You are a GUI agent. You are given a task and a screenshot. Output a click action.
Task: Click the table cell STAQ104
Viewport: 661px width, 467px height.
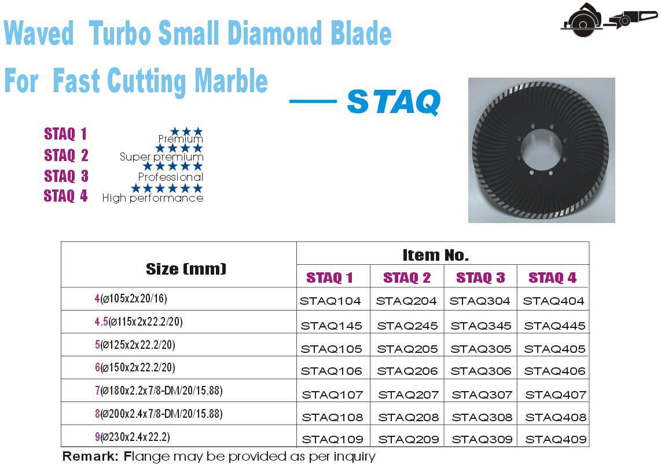point(330,301)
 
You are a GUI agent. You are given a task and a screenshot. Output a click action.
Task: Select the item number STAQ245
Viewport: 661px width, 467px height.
point(407,326)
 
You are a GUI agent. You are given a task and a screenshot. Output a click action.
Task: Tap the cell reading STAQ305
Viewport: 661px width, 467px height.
point(481,349)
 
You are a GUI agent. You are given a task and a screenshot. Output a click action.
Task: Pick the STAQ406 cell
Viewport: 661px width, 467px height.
point(554,371)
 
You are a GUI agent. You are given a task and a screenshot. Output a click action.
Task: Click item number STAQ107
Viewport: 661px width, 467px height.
point(332,395)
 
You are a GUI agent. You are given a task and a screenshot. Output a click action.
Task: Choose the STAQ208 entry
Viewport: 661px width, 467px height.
point(409,417)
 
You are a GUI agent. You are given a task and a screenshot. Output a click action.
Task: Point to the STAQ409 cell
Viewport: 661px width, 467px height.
point(556,439)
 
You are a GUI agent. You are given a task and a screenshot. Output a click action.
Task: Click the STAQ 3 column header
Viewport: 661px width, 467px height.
point(480,278)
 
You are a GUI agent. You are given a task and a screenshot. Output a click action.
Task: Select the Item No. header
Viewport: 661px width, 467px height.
point(435,255)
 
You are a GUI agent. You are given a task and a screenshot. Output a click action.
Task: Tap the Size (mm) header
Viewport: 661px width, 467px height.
point(186,269)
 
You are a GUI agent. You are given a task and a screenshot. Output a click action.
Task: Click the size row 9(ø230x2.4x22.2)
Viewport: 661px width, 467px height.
point(133,437)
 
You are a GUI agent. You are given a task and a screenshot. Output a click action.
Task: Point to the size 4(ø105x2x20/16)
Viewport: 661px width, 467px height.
point(131,298)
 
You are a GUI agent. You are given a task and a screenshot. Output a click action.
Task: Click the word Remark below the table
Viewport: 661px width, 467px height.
point(90,456)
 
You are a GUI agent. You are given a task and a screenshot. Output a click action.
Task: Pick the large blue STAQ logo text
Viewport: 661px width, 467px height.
point(394,101)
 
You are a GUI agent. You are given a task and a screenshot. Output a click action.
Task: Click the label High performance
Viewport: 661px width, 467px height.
point(153,198)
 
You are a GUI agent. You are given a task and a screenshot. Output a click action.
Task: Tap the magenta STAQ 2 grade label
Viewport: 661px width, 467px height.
point(66,155)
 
